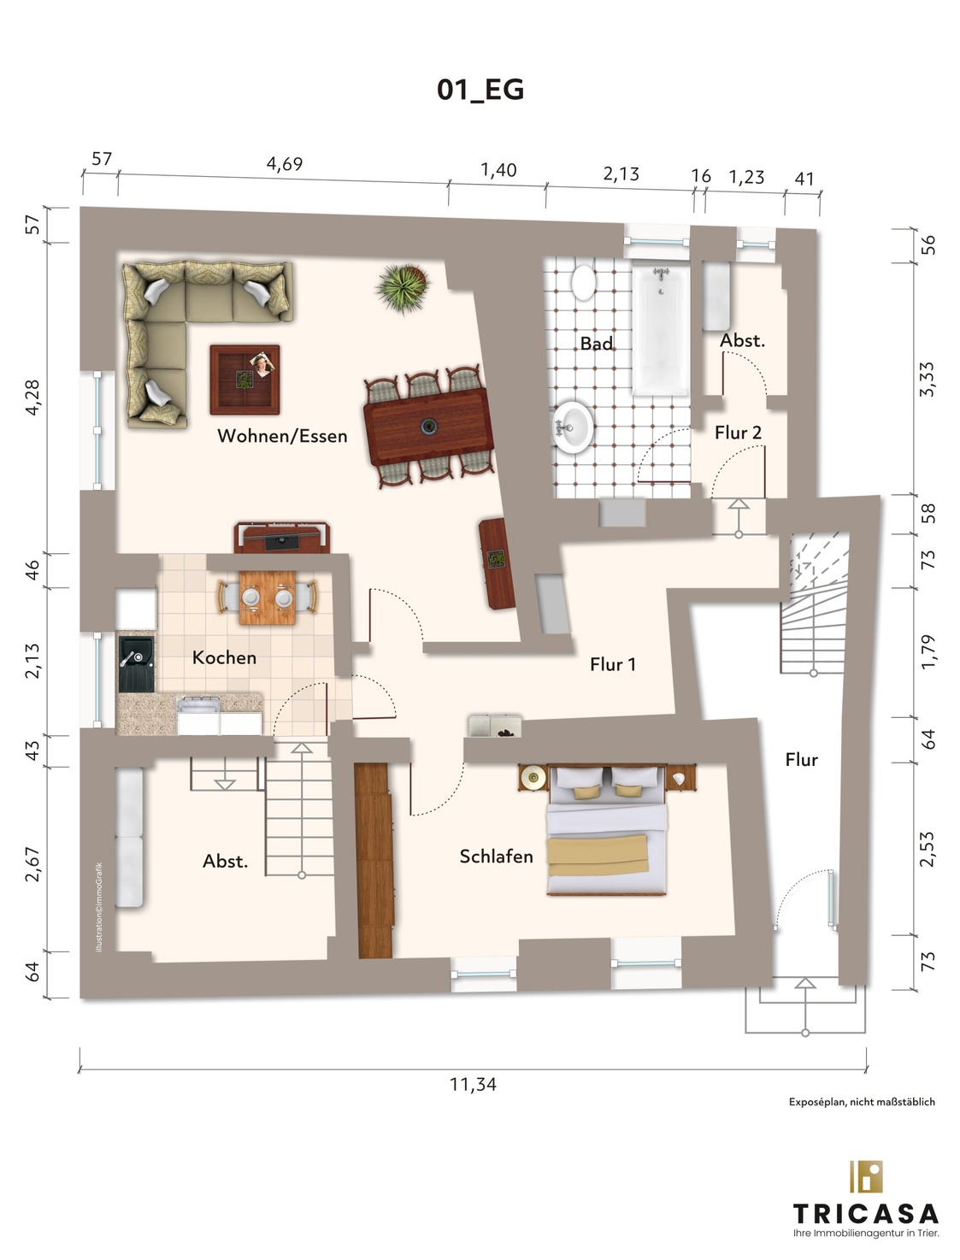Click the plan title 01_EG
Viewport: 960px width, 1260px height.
480,90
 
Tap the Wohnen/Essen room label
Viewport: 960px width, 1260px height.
282,436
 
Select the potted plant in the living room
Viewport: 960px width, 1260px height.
403,288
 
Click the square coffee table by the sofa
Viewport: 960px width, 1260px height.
245,380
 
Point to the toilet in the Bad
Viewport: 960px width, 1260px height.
583,280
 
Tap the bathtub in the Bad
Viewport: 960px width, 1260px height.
661,330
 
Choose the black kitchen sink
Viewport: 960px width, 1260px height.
136,663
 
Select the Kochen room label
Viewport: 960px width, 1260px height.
224,657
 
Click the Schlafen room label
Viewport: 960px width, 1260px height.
497,857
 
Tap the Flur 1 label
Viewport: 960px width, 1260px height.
613,664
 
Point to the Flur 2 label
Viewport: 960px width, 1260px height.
738,433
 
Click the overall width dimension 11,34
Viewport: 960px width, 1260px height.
473,1085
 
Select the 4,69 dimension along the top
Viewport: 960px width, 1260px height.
285,164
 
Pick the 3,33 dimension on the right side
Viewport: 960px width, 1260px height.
928,380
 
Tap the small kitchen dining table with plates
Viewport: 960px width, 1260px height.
268,598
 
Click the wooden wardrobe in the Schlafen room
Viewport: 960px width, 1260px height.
374,860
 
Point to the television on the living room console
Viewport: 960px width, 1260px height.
282,539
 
